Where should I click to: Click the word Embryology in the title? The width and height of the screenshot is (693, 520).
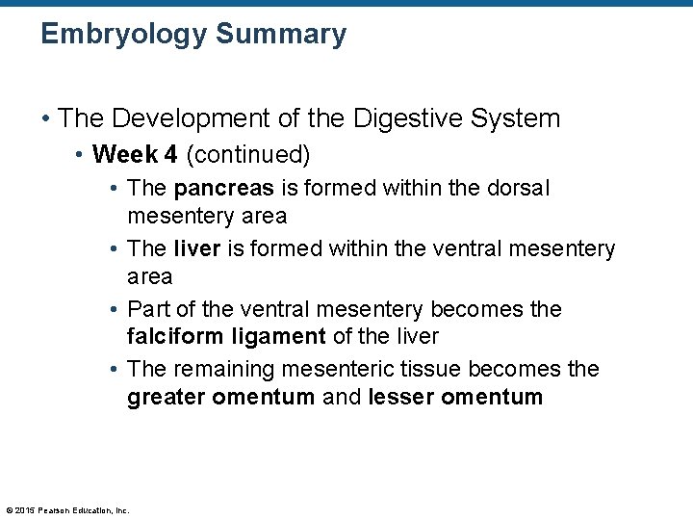tap(124, 35)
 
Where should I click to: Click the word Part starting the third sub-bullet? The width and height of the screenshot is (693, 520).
tap(147, 309)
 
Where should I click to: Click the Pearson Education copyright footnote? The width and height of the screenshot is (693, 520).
tap(67, 510)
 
